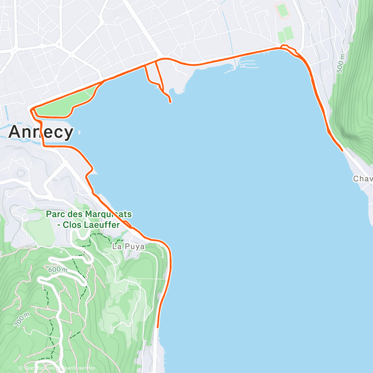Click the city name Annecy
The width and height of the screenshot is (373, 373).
[41, 132]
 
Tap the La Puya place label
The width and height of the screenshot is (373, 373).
[128, 247]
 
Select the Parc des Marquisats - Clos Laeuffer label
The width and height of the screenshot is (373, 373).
[88, 219]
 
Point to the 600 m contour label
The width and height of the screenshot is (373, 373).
[57, 269]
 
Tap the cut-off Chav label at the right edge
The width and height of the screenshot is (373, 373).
[363, 179]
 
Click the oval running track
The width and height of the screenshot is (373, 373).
[282, 10]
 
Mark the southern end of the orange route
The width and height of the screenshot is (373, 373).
[158, 327]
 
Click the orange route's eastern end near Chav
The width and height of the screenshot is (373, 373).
[342, 150]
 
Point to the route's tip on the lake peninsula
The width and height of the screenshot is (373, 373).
[170, 101]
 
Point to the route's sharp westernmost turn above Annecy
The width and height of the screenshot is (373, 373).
[31, 109]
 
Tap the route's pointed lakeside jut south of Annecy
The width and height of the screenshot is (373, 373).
[92, 168]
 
